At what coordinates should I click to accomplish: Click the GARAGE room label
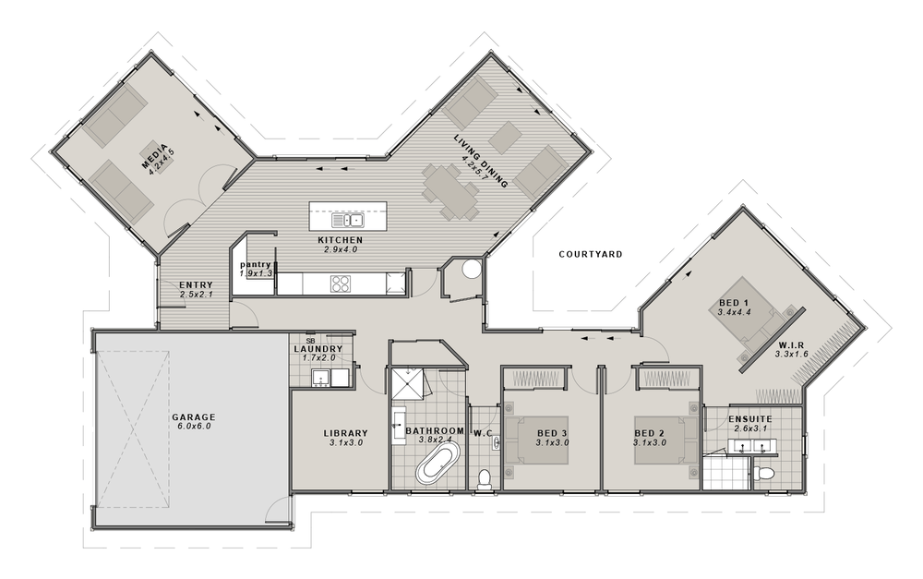pyautogui.click(x=193, y=416)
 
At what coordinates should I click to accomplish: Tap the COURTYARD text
pyautogui.click(x=591, y=253)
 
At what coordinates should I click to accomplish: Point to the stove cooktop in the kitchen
pyautogui.click(x=341, y=283)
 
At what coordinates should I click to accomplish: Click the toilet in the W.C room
pyautogui.click(x=485, y=478)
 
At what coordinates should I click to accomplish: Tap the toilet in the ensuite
pyautogui.click(x=762, y=475)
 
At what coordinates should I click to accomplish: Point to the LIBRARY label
pyautogui.click(x=346, y=433)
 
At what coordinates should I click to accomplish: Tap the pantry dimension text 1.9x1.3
pyautogui.click(x=255, y=274)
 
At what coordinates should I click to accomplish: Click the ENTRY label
pyautogui.click(x=197, y=284)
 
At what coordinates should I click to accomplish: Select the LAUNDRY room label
pyautogui.click(x=318, y=348)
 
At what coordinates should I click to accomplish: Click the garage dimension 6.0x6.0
pyautogui.click(x=193, y=427)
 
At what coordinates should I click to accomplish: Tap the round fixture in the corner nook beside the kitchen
pyautogui.click(x=471, y=271)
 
